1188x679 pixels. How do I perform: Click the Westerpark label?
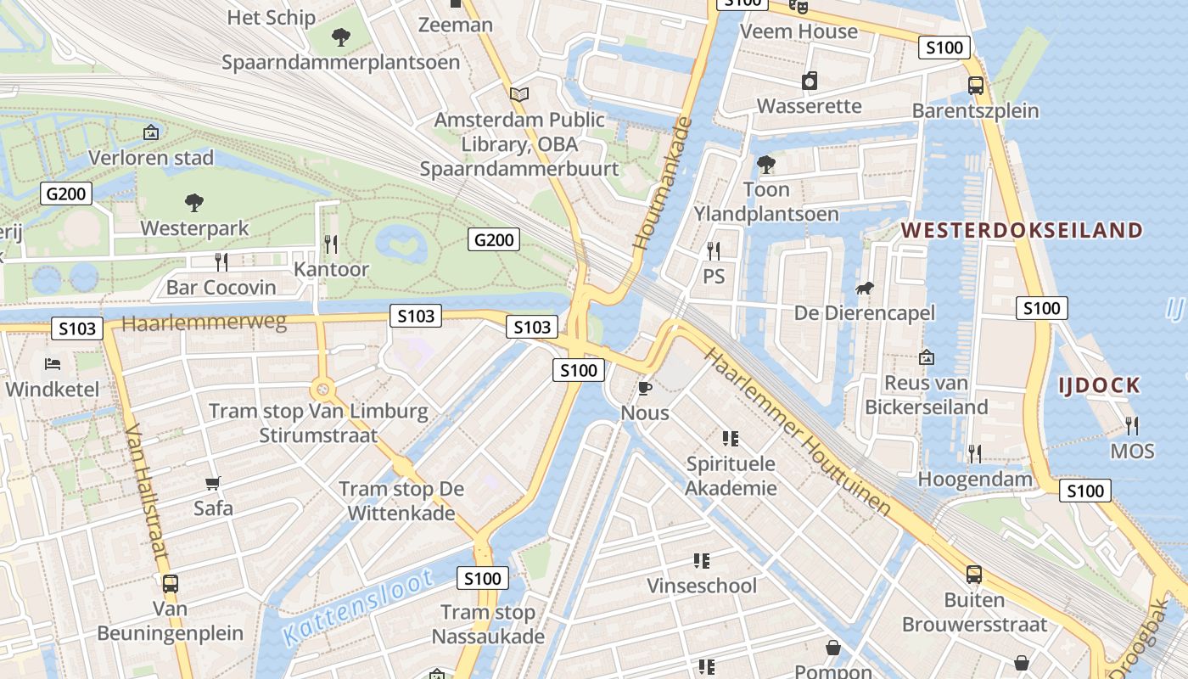coord(194,228)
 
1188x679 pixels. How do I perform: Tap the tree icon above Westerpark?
coord(194,202)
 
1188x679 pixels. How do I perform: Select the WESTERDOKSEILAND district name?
coord(1022,230)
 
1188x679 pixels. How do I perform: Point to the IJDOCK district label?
coord(1099,385)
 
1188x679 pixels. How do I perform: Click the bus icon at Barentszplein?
coord(976,85)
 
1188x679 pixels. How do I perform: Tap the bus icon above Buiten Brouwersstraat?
coord(974,575)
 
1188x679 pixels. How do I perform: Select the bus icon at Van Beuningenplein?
coord(171,584)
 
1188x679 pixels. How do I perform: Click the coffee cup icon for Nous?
coord(645,389)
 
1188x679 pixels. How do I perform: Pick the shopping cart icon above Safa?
coord(213,484)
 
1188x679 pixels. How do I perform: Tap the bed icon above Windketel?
coord(53,364)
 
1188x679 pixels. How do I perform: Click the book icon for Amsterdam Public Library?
coord(519,94)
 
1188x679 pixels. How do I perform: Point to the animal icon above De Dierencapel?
coord(865,289)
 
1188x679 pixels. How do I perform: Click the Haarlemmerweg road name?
coord(205,323)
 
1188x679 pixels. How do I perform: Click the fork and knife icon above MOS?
coord(1132,424)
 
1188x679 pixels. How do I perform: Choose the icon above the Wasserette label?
coord(810,81)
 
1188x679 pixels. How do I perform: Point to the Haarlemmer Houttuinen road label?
coord(798,431)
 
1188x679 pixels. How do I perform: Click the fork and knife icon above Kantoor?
coord(331,244)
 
